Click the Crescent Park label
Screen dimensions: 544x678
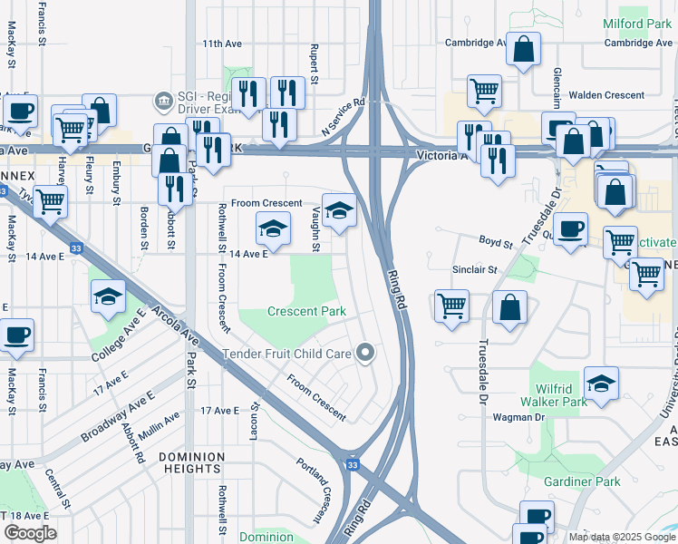306,311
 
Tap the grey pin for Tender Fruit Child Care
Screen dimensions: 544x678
366,353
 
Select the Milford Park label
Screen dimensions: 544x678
637,24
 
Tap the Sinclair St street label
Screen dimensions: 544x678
476,270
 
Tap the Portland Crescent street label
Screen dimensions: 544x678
312,490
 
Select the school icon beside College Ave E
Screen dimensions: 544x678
108,296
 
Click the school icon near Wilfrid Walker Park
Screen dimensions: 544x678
601,384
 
